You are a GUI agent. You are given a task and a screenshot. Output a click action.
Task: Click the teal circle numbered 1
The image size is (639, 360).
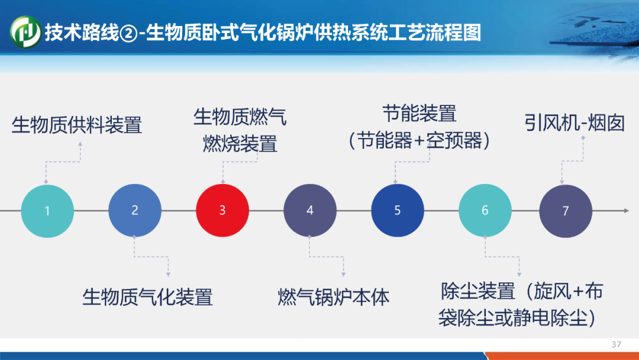(47, 211)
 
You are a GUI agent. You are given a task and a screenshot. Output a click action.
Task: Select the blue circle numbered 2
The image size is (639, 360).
(135, 210)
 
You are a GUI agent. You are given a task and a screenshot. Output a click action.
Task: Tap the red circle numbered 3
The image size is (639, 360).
(222, 210)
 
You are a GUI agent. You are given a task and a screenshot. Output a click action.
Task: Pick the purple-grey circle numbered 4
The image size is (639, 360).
(310, 210)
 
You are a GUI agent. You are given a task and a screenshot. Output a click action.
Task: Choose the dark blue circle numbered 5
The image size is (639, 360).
(398, 210)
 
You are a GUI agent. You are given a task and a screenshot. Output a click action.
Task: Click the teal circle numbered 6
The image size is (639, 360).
(485, 210)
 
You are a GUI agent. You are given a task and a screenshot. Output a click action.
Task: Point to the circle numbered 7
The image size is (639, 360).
(566, 211)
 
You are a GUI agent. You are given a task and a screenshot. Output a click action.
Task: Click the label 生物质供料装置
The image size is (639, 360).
(76, 125)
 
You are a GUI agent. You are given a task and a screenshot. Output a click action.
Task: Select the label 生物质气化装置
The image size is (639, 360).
(147, 297)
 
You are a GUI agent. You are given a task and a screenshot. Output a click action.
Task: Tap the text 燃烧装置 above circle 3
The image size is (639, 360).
(240, 143)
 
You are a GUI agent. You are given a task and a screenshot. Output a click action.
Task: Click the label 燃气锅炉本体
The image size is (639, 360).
(333, 297)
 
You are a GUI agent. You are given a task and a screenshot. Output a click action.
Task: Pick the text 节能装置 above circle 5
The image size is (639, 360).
(419, 113)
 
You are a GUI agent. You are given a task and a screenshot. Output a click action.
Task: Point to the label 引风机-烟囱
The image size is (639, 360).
(575, 123)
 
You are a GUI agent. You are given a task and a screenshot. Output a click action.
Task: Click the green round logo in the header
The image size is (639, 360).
(25, 32)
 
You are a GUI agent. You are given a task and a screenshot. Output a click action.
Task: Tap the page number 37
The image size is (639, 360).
(616, 345)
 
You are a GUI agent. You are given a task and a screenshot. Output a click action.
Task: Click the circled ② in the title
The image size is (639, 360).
(128, 33)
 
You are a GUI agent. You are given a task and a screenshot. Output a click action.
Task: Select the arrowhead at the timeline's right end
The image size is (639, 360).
(627, 210)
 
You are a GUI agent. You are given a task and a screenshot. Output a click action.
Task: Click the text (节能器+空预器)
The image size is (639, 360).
(419, 141)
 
